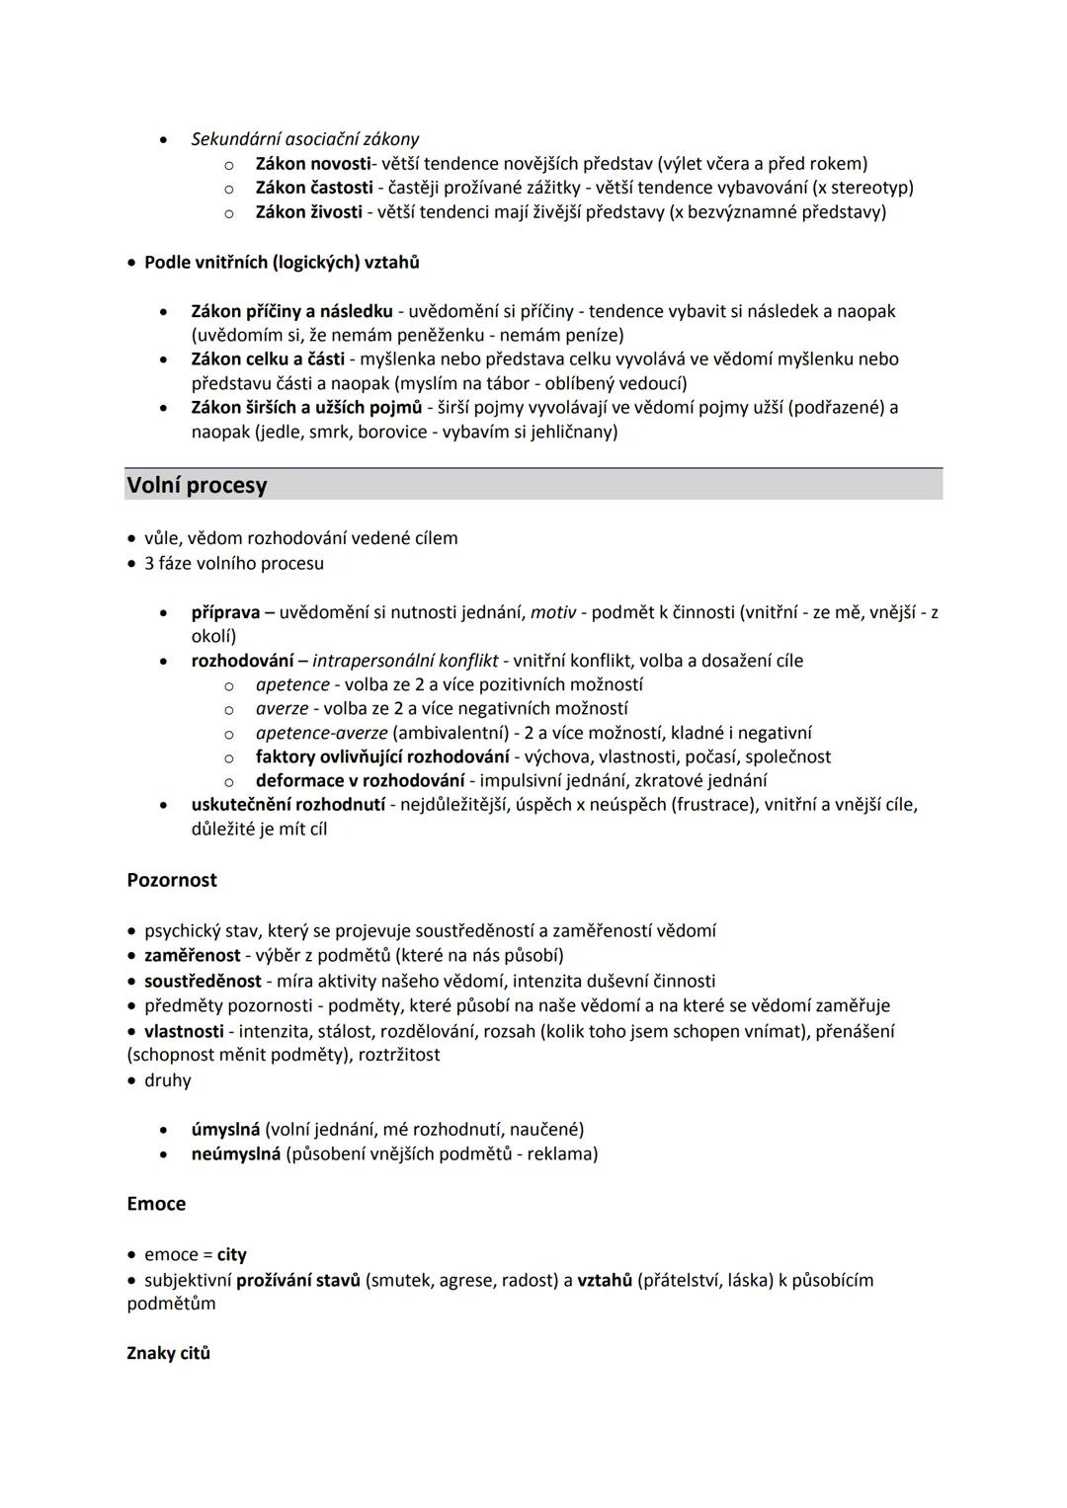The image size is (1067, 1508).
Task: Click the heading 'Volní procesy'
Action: click(197, 485)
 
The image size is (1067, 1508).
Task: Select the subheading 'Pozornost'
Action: click(172, 880)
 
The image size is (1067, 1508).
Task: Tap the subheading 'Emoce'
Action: click(156, 1204)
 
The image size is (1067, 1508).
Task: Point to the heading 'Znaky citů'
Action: click(169, 1353)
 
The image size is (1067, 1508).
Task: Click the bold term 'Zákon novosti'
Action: click(312, 163)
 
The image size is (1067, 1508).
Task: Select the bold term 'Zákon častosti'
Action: click(314, 188)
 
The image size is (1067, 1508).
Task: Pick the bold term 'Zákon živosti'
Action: click(308, 211)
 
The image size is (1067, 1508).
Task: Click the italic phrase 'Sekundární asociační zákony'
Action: click(305, 139)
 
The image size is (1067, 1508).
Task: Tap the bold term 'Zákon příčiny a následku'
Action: click(291, 311)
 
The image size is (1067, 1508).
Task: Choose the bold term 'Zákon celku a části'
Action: click(268, 358)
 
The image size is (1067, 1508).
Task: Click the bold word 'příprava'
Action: click(225, 612)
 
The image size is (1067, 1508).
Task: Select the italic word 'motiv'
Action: click(553, 612)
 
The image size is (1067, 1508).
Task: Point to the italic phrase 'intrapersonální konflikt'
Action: click(405, 661)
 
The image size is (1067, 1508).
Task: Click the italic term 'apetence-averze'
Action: click(321, 733)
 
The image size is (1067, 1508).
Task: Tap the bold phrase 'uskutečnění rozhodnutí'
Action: click(288, 805)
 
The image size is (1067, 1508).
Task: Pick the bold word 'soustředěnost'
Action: click(203, 981)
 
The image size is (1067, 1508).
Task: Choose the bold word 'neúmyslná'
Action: click(236, 1153)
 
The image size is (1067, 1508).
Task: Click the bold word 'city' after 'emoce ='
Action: click(232, 1255)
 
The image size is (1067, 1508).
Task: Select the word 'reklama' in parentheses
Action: click(560, 1153)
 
